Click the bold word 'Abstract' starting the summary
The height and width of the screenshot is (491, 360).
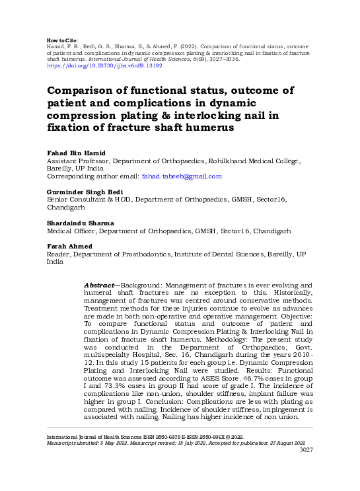99,284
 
